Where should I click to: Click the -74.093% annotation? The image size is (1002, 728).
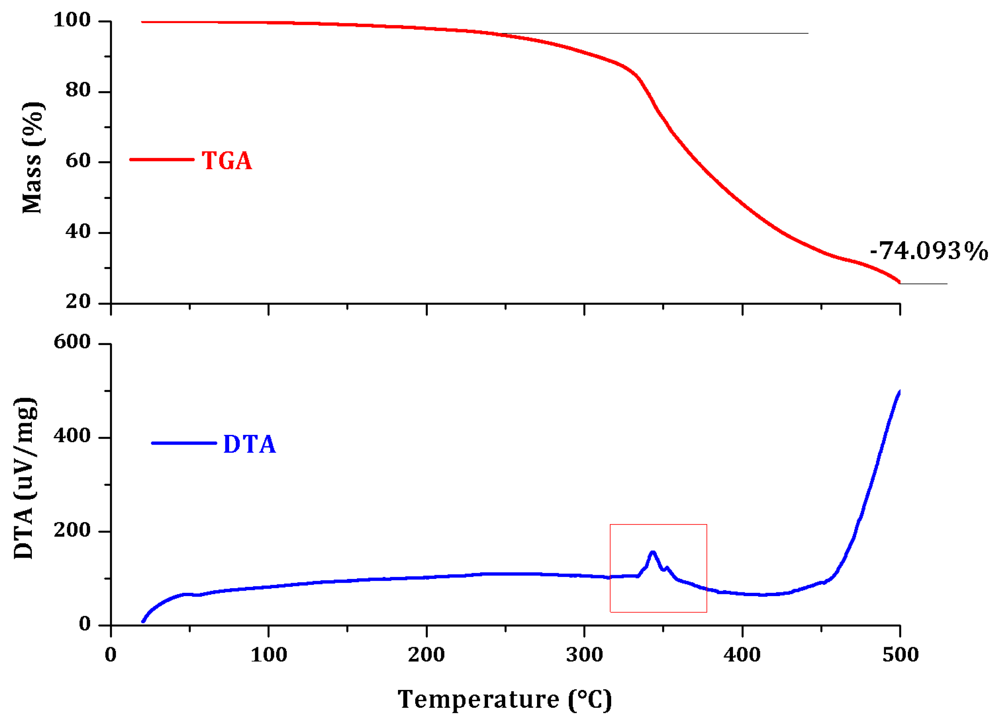click(x=928, y=251)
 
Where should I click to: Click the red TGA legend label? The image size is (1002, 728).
click(x=227, y=160)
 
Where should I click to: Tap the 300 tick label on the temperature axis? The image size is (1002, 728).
click(x=584, y=655)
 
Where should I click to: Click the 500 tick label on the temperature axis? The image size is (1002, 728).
click(x=900, y=655)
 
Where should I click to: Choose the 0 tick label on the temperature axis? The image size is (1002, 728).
click(x=111, y=655)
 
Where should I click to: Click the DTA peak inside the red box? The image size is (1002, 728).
click(x=653, y=553)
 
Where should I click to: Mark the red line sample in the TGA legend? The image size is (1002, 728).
click(x=162, y=159)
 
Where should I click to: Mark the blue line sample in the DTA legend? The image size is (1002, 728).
click(x=184, y=443)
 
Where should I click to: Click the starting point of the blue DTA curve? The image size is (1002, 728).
click(x=143, y=621)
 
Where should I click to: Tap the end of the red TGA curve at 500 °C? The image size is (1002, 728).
click(x=899, y=282)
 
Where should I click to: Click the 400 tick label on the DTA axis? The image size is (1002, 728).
click(x=72, y=436)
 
